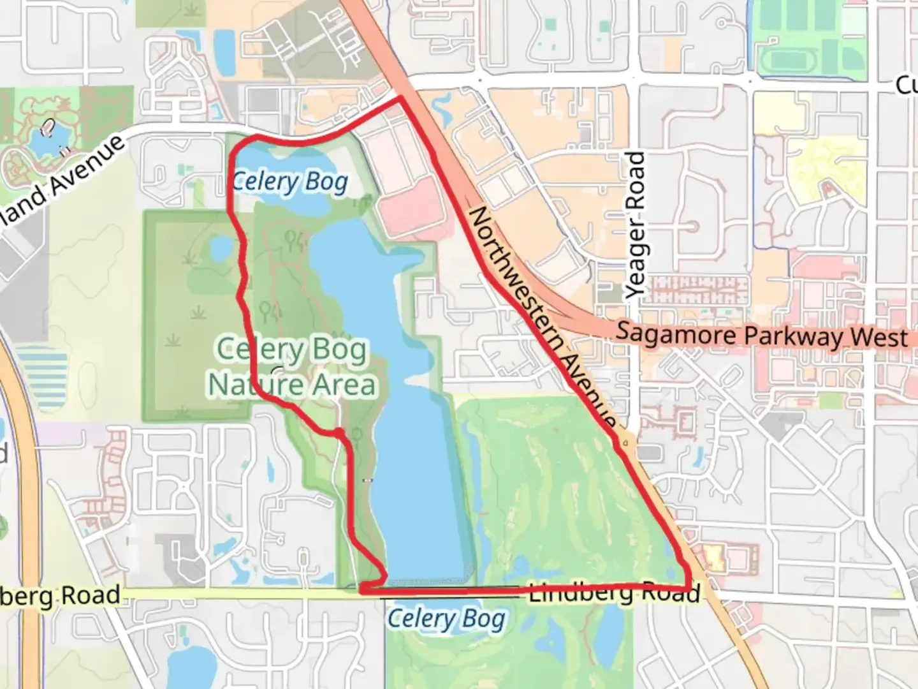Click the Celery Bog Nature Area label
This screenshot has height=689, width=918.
292,367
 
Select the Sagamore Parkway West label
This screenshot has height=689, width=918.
761,335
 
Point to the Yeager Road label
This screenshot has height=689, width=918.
636,225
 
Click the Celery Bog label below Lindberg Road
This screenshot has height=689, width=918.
446,619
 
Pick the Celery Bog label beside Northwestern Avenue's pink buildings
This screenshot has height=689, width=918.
290,182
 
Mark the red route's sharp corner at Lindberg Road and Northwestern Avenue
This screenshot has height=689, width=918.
689,588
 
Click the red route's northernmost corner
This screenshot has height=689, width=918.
400,98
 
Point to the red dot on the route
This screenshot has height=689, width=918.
340,434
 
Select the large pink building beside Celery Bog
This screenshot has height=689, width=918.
411,207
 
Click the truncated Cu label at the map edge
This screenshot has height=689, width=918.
906,85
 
